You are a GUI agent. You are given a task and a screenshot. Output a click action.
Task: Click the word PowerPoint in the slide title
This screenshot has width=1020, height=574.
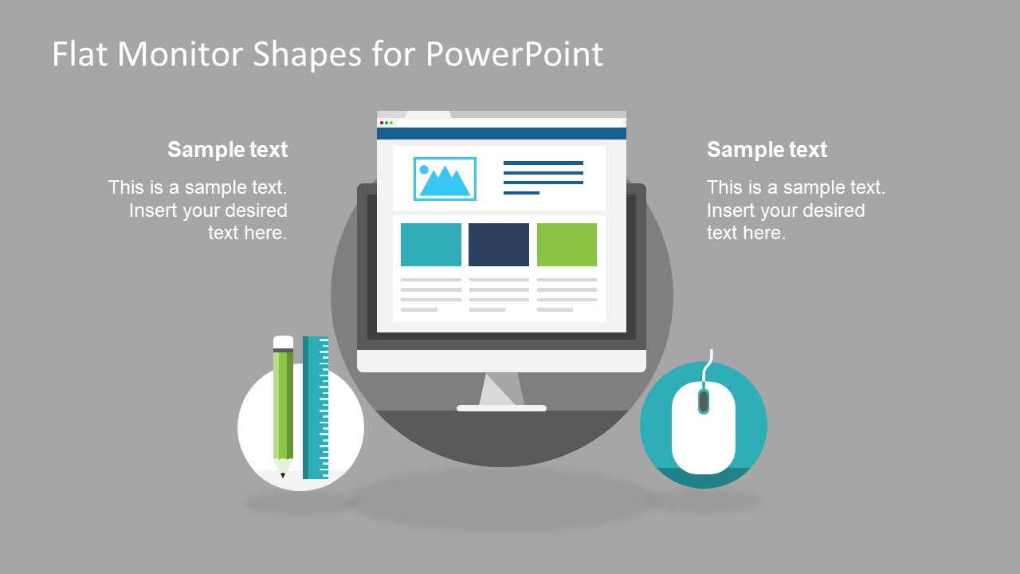click(x=514, y=54)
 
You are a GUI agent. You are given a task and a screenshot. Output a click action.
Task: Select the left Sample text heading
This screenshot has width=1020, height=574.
click(x=227, y=149)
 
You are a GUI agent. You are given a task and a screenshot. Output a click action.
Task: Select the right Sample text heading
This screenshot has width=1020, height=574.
click(x=767, y=149)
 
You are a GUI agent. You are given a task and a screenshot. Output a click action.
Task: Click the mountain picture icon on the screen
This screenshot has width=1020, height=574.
click(x=445, y=179)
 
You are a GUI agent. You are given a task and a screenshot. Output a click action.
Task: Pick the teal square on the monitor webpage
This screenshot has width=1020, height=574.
click(x=430, y=244)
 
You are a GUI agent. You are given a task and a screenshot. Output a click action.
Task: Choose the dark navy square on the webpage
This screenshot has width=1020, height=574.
click(x=499, y=244)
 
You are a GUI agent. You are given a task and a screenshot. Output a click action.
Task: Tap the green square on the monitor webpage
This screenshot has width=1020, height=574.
click(x=567, y=244)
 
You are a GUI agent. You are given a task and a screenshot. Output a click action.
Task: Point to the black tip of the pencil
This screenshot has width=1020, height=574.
click(x=283, y=475)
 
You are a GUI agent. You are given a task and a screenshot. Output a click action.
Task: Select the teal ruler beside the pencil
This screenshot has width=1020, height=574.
click(x=316, y=407)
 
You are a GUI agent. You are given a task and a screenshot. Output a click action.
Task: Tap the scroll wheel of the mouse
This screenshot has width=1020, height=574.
click(x=703, y=401)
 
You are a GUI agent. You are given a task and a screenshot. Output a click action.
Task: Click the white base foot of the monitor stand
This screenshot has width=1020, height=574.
click(x=501, y=408)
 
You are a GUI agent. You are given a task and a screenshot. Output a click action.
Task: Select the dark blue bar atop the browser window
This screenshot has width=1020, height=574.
click(x=501, y=134)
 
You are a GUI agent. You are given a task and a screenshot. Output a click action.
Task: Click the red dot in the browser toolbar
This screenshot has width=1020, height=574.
click(x=382, y=123)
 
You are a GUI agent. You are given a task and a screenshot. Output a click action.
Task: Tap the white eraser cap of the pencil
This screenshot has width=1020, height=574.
click(x=283, y=342)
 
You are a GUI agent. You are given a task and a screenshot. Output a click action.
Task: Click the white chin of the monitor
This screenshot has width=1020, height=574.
click(x=501, y=360)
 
